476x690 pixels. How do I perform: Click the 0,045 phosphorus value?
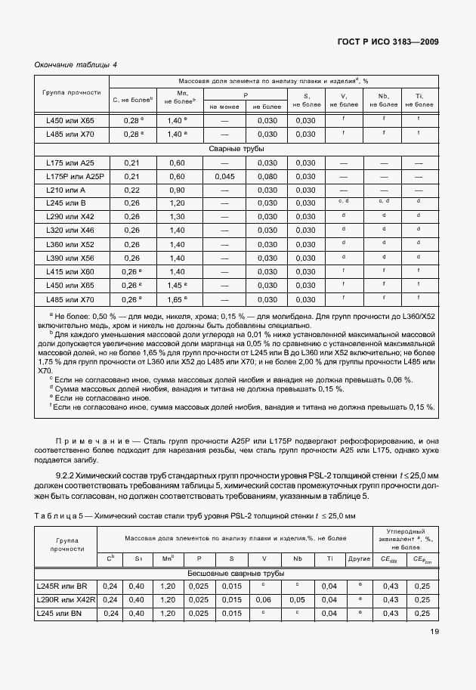coord(224,176)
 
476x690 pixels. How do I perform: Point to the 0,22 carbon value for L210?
coord(131,190)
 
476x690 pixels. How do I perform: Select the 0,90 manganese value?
coord(177,190)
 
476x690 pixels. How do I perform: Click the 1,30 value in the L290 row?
coord(177,217)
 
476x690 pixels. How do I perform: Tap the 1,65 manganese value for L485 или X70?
coord(175,300)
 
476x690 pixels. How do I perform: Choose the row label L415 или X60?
coord(66,272)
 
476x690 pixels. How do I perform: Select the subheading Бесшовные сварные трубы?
coord(236,574)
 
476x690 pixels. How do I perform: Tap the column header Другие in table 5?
coord(360,558)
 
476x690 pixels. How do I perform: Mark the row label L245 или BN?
coord(62,613)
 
